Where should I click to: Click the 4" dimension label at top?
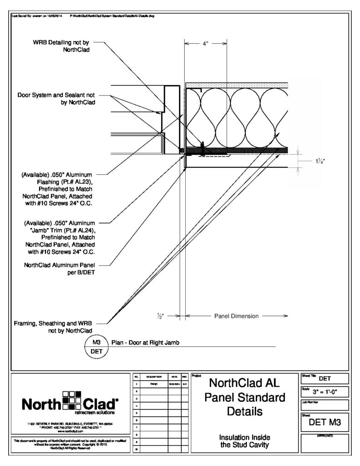[205, 44]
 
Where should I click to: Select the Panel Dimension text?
[236, 315]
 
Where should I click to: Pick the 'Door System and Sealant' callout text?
[57, 99]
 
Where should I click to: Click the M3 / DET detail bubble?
[96, 346]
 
